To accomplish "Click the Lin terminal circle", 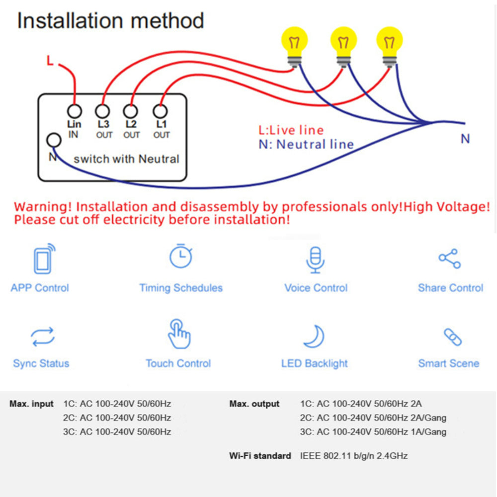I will (x=75, y=111).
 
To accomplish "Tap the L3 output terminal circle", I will (x=103, y=111).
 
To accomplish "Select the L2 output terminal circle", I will (x=131, y=111).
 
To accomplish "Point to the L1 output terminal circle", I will (x=160, y=111).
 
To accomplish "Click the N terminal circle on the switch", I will (x=53, y=141).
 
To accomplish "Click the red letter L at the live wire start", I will (x=50, y=61).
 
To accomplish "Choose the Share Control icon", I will (x=450, y=259).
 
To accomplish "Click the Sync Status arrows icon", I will (x=43, y=337).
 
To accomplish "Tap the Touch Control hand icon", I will (x=178, y=334).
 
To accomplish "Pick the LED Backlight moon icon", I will (x=314, y=336).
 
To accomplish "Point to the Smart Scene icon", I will (x=452, y=337).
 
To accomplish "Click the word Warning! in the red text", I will (x=43, y=207).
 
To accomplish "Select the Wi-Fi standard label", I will (x=260, y=456).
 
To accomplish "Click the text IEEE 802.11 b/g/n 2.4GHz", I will (x=354, y=456).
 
